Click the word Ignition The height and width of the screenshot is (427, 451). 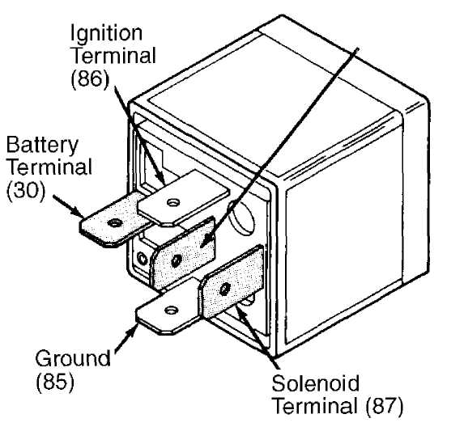click(x=106, y=34)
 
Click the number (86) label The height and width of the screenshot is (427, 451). click(x=91, y=78)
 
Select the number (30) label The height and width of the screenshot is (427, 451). click(x=26, y=191)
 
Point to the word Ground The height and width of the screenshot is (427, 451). click(x=73, y=357)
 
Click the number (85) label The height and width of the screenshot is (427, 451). click(x=55, y=382)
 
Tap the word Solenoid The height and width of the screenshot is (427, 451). click(x=316, y=383)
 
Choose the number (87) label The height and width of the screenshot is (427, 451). click(x=385, y=406)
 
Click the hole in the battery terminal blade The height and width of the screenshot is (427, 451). click(x=114, y=222)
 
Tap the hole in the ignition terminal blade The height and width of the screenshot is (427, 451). click(x=173, y=202)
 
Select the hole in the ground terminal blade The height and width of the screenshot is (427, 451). click(x=172, y=310)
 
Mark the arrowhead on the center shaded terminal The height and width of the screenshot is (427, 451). click(x=206, y=241)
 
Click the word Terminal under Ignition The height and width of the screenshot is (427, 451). click(x=113, y=56)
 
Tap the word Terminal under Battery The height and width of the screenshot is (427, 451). click(x=49, y=167)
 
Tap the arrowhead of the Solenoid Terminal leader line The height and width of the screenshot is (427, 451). click(x=241, y=312)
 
